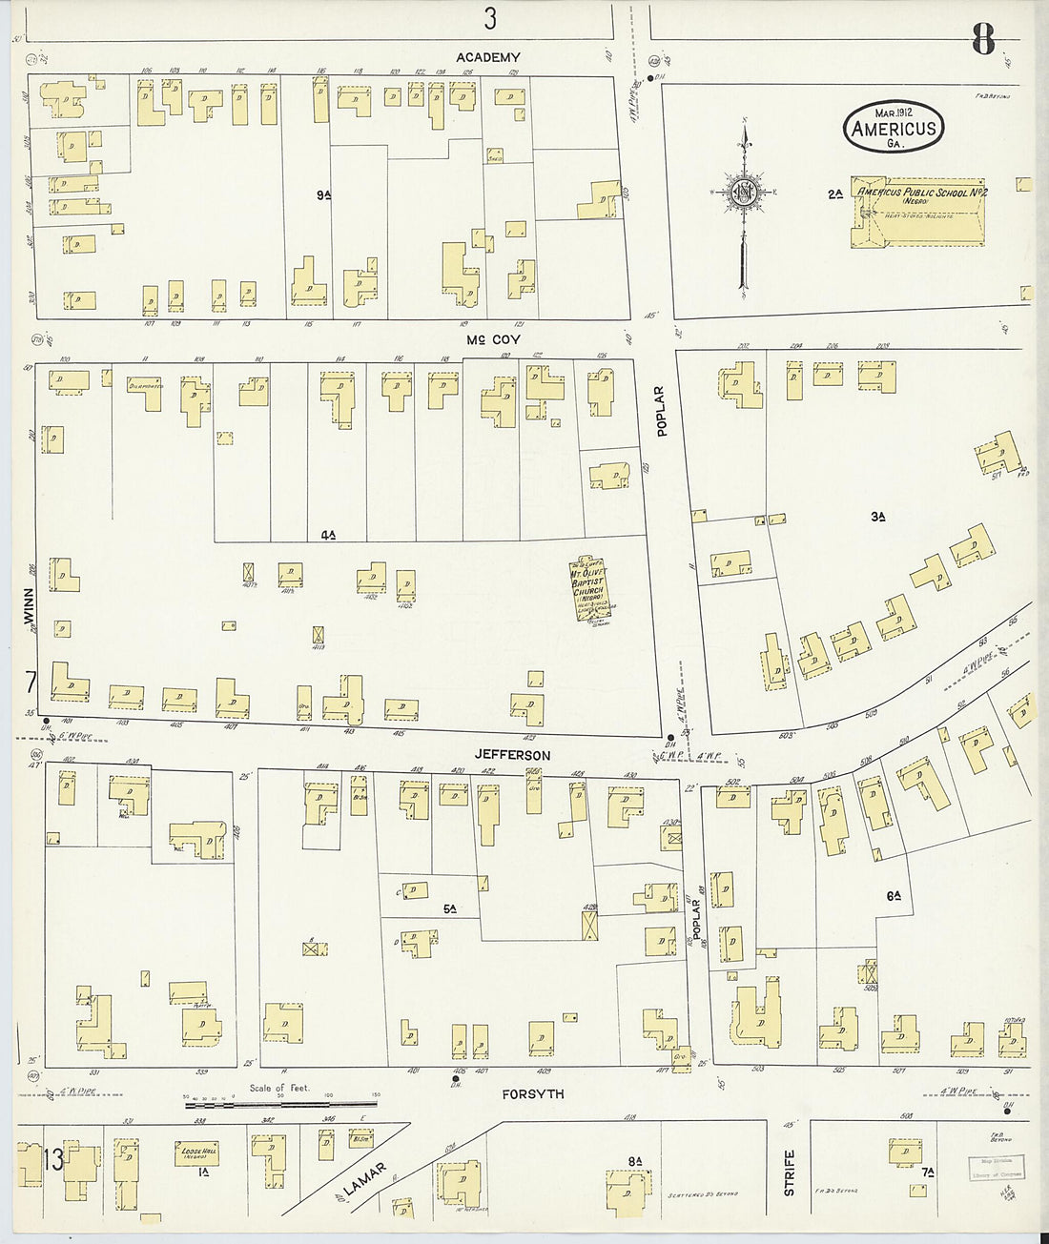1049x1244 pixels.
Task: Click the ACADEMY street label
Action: point(488,57)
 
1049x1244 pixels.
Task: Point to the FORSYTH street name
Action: point(533,1094)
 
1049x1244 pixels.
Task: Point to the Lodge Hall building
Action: point(195,1152)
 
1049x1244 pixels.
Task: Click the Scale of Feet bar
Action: point(280,1105)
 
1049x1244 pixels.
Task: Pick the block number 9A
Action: point(323,195)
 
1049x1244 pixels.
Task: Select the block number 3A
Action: point(878,517)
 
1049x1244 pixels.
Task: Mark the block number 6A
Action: point(894,895)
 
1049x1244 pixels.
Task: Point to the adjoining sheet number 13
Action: point(53,1160)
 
